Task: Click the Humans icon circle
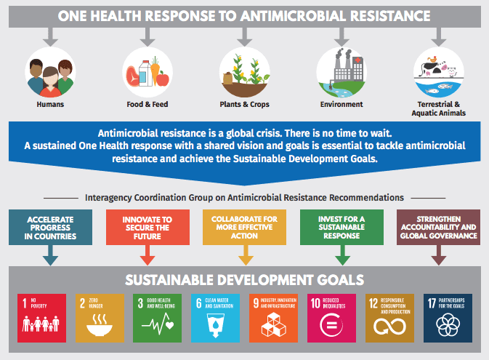[50, 72]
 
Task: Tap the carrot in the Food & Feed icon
[155, 71]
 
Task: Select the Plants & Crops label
[244, 104]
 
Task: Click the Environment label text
[342, 104]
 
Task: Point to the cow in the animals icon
[430, 68]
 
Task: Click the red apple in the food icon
[163, 79]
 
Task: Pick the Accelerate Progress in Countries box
[51, 228]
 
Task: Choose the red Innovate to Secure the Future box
[147, 228]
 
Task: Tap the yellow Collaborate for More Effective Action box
[244, 228]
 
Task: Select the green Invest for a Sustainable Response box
[342, 228]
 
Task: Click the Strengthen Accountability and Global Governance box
[438, 228]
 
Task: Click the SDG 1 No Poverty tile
[42, 318]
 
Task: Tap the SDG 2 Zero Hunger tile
[100, 318]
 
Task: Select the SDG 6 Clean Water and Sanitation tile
[216, 318]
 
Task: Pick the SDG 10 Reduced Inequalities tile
[331, 318]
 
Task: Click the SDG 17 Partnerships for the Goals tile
[448, 318]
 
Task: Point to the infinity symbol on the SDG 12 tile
[390, 327]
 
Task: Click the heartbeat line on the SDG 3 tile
[158, 324]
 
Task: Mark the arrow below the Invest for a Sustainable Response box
[342, 255]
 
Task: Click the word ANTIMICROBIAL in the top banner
[293, 16]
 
